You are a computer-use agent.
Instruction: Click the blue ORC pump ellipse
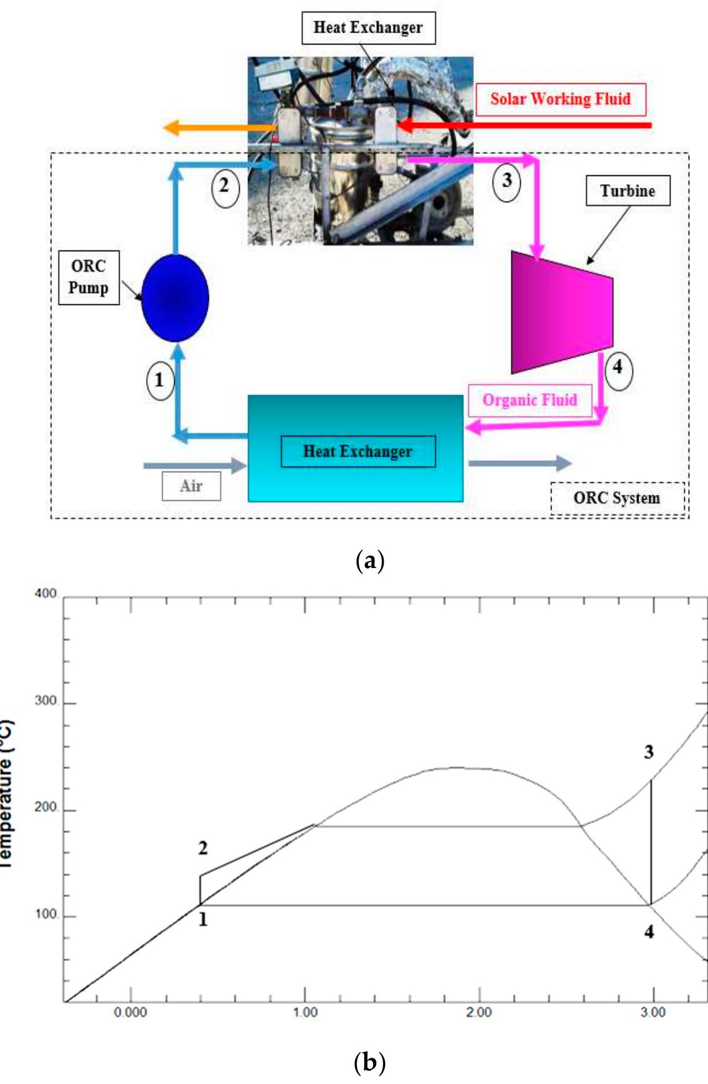click(x=175, y=297)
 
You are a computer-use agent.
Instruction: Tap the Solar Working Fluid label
click(x=560, y=100)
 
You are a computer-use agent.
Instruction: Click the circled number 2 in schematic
click(x=225, y=186)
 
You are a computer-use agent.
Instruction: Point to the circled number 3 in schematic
click(x=506, y=181)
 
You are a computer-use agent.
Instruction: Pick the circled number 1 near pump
click(x=160, y=380)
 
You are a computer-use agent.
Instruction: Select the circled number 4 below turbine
click(x=618, y=368)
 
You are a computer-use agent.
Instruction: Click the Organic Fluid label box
click(x=530, y=400)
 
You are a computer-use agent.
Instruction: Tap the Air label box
click(x=191, y=486)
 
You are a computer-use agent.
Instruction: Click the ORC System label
click(x=617, y=498)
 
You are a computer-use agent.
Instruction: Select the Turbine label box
click(x=627, y=191)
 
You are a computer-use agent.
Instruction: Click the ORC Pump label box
click(x=88, y=277)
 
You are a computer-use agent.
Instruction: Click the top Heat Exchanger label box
click(x=368, y=28)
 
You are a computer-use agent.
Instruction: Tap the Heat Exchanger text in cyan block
click(x=357, y=452)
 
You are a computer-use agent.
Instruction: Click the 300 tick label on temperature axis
click(x=46, y=701)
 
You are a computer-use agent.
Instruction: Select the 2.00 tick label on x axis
click(x=479, y=1013)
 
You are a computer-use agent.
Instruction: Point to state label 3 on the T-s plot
click(x=649, y=752)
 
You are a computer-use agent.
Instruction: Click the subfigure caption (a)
click(x=369, y=560)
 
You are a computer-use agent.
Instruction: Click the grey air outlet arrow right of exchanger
click(x=520, y=463)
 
